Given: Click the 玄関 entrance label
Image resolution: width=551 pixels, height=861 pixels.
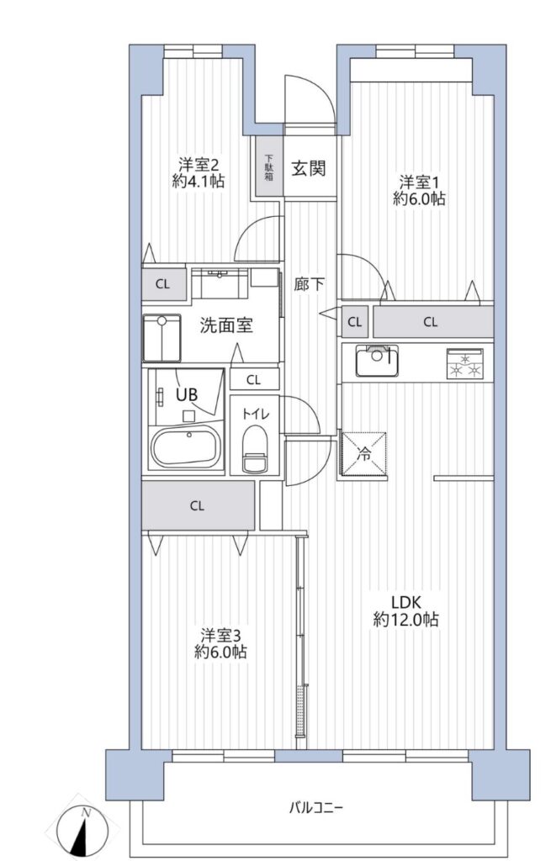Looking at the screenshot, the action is pos(308,167).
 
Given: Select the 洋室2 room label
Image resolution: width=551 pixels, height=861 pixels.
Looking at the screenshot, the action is pos(199,164).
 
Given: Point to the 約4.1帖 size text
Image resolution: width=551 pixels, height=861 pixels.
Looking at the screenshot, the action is pos(199,181).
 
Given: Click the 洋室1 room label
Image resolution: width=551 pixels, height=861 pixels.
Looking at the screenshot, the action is pos(419,181).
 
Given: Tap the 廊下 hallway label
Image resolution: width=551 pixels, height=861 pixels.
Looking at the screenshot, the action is pos(310,284).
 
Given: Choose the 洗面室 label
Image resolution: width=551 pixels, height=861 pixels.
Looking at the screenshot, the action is pos(225,325).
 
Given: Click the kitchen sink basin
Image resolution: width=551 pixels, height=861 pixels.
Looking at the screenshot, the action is pos(377,360).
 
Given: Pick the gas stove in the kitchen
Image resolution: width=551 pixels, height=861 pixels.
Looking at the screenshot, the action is pos(464,363).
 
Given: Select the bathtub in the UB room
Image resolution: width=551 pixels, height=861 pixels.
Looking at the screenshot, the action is pos(186,446).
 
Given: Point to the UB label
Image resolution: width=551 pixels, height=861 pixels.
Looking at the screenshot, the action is pos(187,394).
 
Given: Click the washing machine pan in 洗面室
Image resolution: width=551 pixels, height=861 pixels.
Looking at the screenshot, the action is pos(162,338).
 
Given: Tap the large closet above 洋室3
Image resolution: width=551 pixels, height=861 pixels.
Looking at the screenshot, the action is pos(198,505).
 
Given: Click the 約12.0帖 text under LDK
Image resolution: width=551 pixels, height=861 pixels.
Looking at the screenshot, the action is pos(406,620).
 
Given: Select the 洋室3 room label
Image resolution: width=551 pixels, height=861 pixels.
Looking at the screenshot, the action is pos(221,636).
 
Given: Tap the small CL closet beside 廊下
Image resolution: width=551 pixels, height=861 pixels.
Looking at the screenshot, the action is pos(355,322).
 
